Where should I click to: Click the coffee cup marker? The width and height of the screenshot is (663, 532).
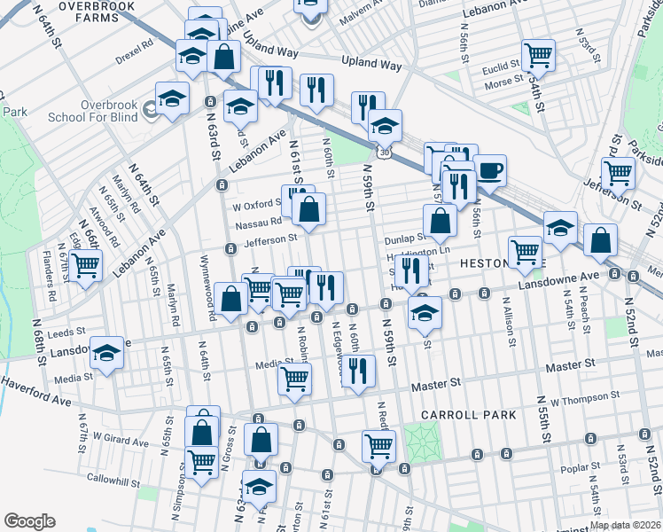489,170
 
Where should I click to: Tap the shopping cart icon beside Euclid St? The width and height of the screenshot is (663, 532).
538,56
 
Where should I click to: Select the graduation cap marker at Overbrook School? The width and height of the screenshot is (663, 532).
172,98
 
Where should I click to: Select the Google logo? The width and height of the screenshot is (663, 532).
29,521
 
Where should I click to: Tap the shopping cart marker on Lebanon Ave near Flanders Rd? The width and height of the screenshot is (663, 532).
86,265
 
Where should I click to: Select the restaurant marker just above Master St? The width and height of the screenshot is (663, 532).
357,372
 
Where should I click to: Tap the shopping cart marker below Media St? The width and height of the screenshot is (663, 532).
294,379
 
